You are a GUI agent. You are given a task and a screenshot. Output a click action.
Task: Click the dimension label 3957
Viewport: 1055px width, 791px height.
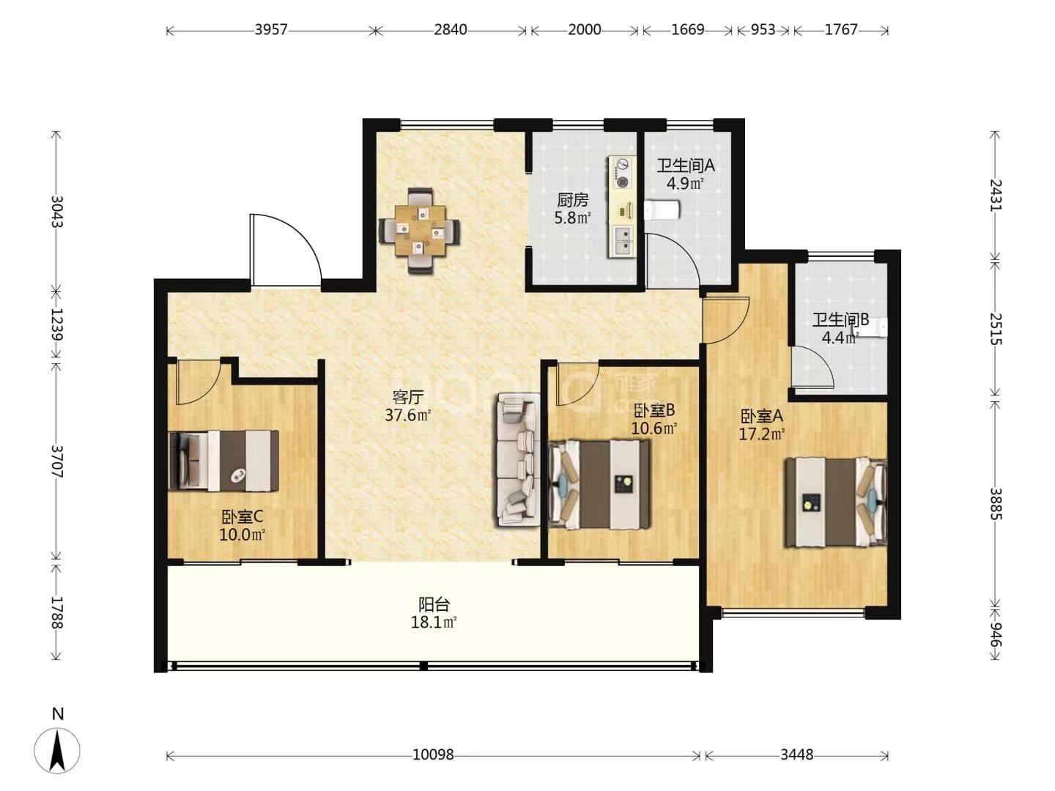point(270,30)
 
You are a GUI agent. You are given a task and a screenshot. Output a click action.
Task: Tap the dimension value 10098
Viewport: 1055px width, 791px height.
point(433,754)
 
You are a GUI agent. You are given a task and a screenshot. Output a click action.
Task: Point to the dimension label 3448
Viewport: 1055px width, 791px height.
point(796,754)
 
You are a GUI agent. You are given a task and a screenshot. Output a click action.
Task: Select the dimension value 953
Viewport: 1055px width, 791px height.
point(763,30)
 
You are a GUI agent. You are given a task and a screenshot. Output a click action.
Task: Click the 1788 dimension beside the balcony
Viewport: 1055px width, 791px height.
point(56,612)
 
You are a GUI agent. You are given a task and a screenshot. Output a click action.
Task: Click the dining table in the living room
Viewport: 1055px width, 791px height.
point(420,231)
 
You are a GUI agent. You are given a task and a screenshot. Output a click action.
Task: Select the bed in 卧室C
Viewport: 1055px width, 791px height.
point(223,461)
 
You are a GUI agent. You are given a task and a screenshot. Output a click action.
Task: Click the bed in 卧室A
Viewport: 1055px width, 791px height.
point(837,502)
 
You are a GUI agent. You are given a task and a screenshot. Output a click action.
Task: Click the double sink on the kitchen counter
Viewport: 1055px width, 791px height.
point(622,241)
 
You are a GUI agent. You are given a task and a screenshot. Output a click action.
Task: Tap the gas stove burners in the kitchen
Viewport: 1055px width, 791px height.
point(622,173)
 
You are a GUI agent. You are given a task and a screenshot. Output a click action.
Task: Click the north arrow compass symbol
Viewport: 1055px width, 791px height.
point(57,750)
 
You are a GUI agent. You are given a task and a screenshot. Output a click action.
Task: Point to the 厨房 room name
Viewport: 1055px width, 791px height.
point(572,200)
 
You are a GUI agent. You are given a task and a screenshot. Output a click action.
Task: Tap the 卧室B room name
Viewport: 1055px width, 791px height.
point(654,409)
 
